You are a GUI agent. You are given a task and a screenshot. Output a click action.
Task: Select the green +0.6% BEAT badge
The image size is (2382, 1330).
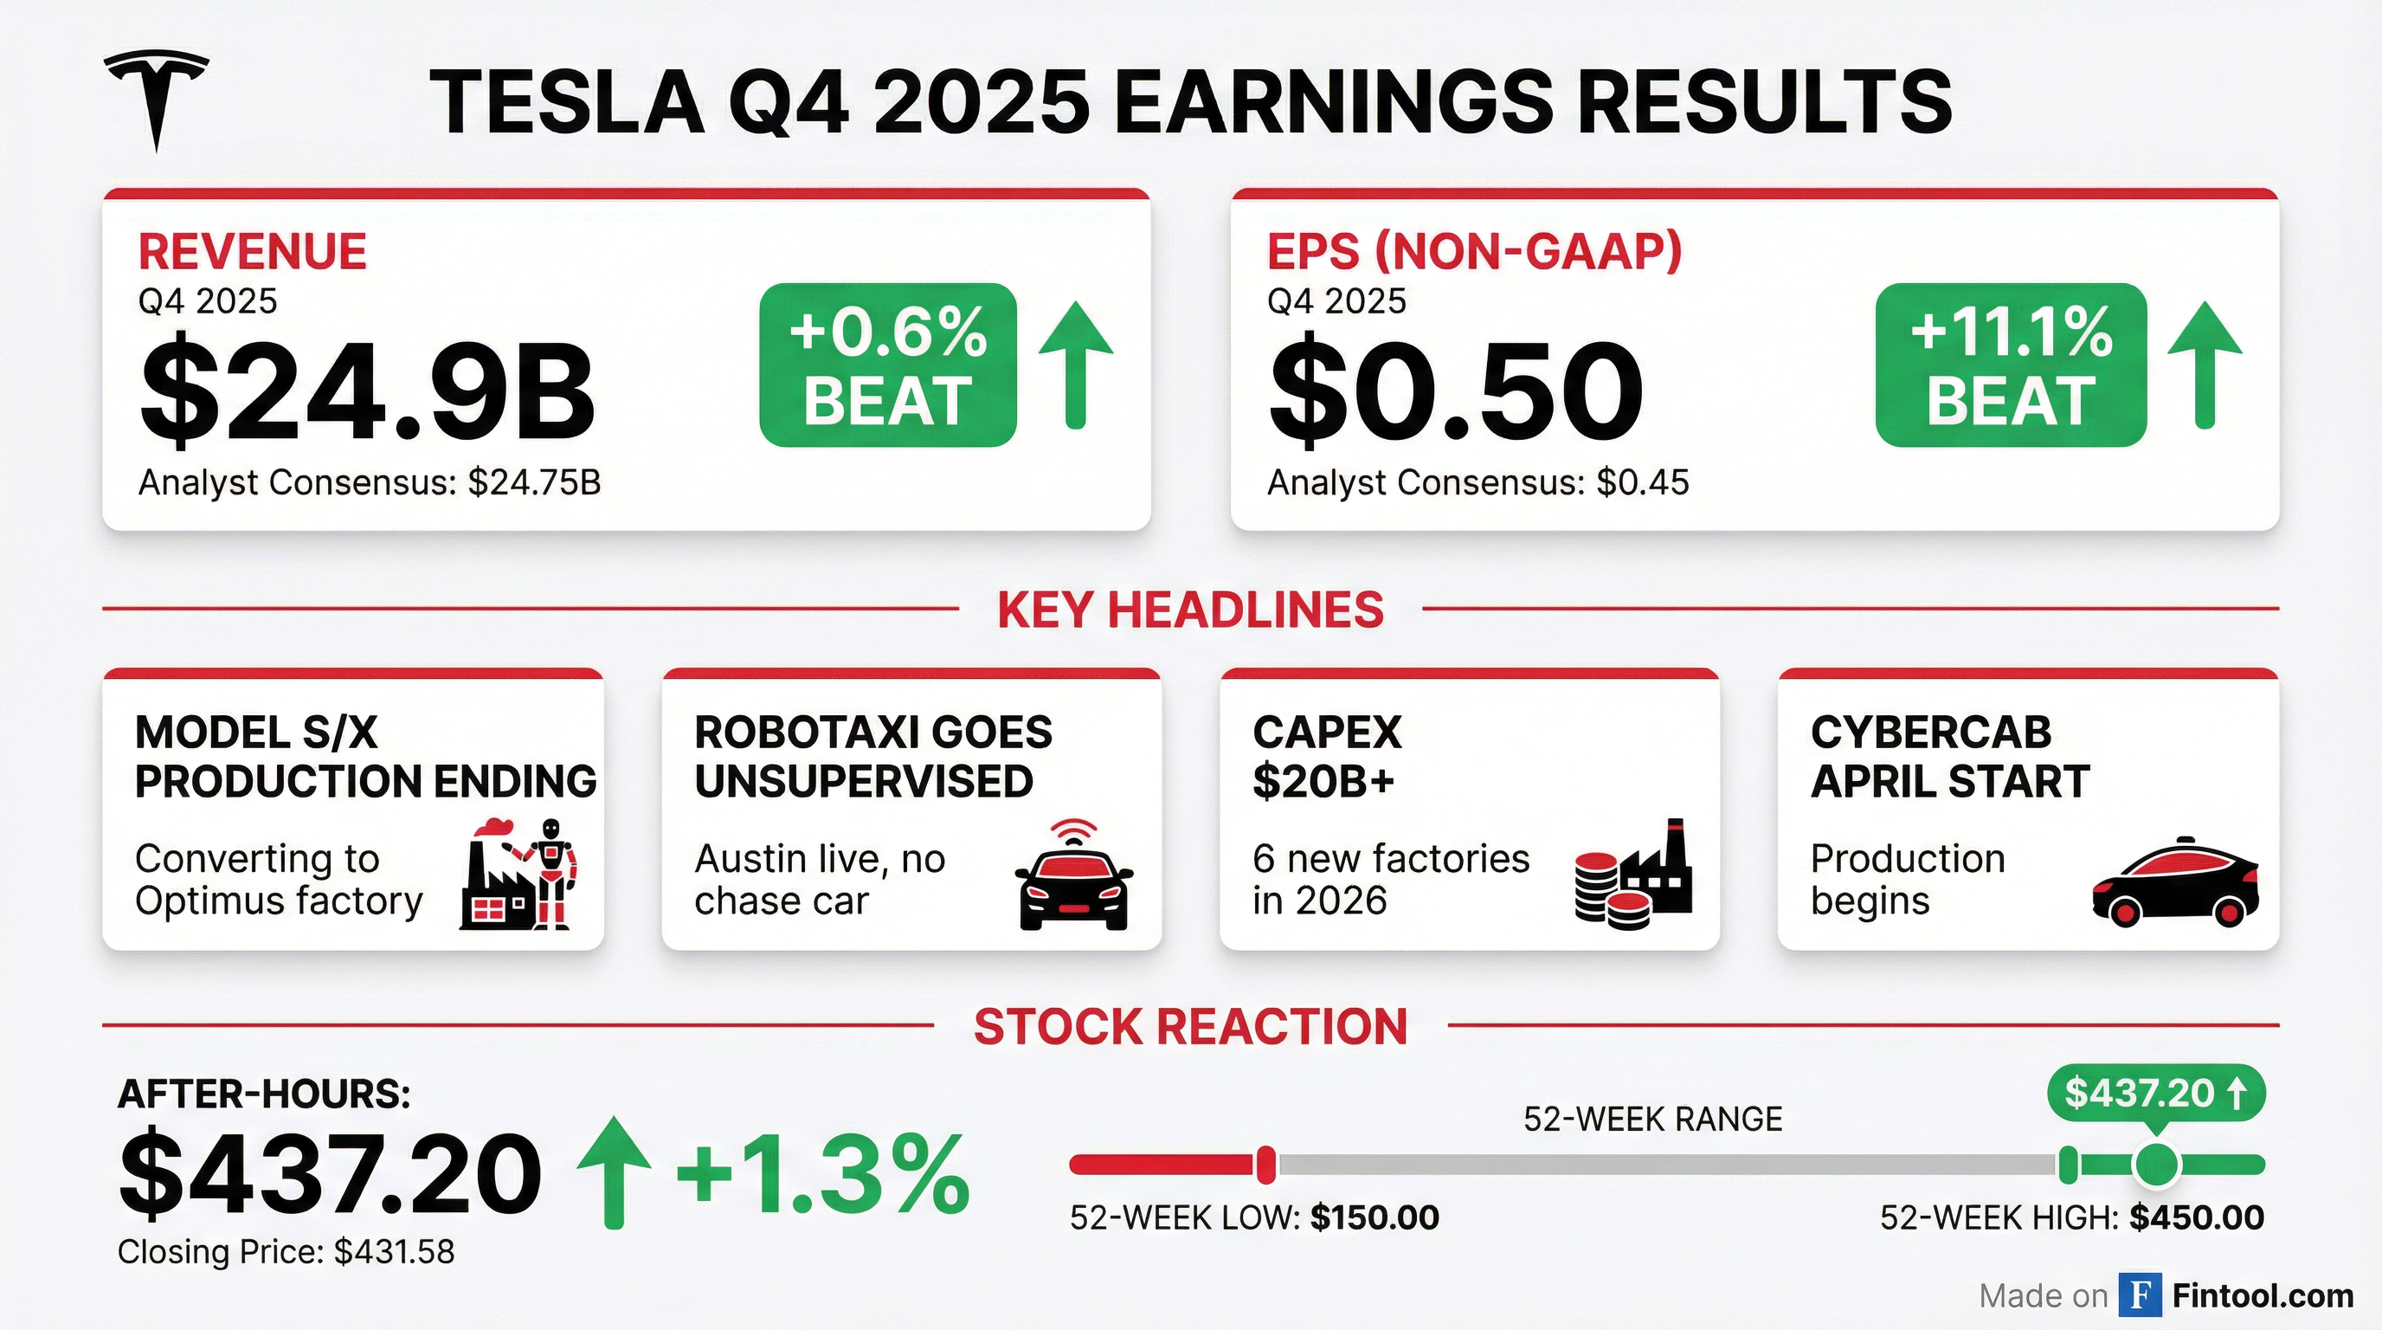click(x=888, y=365)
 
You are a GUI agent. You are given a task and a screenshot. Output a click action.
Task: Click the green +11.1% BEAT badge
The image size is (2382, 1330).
click(x=2011, y=365)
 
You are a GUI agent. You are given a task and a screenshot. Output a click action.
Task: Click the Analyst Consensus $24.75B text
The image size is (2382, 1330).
click(x=370, y=482)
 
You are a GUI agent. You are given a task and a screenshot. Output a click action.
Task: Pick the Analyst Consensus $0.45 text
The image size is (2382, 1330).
click(x=1477, y=482)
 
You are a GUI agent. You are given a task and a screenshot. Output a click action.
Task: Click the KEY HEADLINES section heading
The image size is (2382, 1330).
click(x=1190, y=610)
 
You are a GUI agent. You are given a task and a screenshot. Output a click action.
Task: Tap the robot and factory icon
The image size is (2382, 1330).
click(x=518, y=874)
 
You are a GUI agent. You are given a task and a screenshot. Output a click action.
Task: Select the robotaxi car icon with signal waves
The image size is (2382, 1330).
click(x=1073, y=874)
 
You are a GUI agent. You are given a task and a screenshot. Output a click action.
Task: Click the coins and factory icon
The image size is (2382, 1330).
click(x=1633, y=874)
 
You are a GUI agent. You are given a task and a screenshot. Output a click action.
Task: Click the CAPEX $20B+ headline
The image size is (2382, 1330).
click(x=1327, y=757)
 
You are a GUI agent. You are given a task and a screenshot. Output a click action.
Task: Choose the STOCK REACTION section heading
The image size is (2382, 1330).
click(x=1190, y=1027)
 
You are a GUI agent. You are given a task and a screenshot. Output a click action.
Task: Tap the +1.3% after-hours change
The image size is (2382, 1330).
click(x=824, y=1176)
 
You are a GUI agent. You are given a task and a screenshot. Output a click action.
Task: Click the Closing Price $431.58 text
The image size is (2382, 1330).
click(x=286, y=1251)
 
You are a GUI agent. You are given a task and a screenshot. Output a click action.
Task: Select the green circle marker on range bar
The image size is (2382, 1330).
click(x=2156, y=1165)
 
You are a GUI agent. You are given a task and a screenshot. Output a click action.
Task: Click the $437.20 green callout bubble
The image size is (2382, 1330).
click(x=2155, y=1094)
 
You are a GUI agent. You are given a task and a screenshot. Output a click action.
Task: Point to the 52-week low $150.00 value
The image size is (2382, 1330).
click(x=1375, y=1217)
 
